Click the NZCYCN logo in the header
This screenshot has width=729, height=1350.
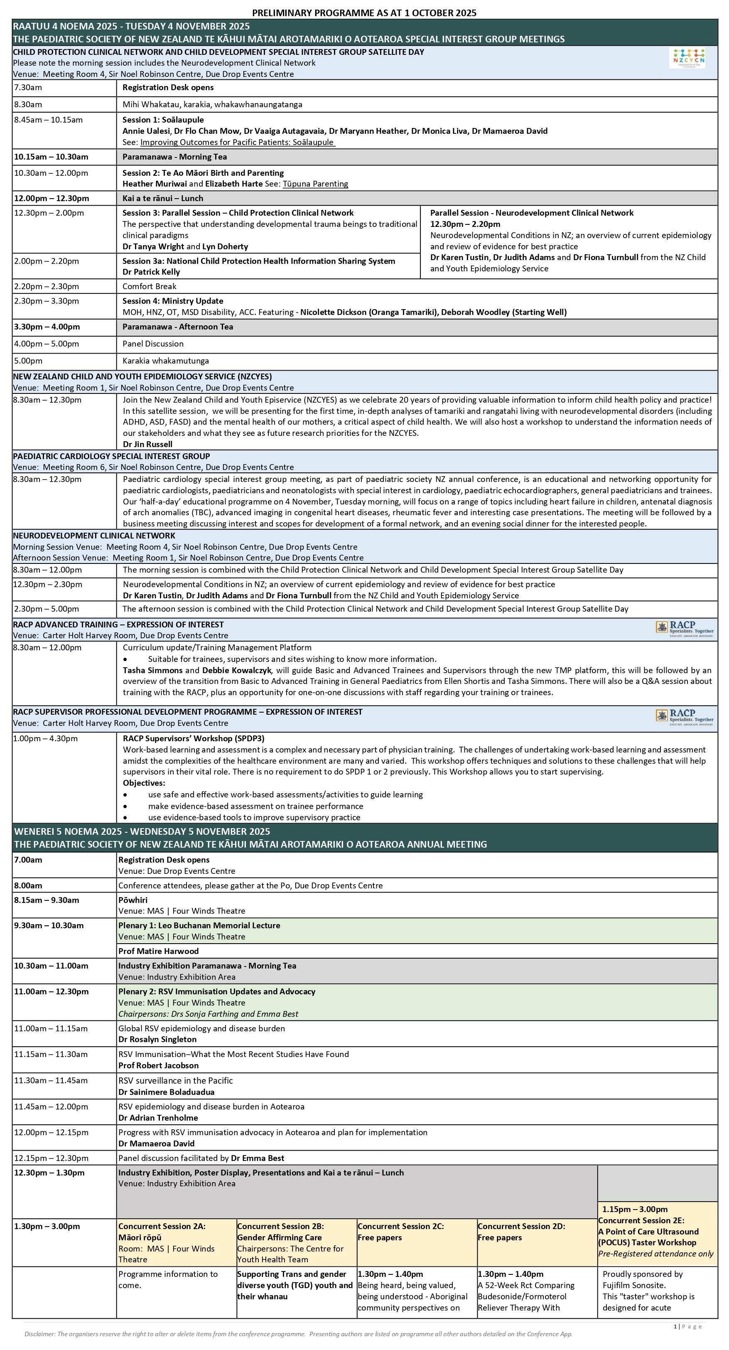point(689,58)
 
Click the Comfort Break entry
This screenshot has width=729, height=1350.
point(150,286)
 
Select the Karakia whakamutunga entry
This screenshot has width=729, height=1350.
point(166,361)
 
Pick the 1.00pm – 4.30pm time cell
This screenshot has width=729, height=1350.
point(46,738)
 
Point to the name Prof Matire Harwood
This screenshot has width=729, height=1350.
point(158,951)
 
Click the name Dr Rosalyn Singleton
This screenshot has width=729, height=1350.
point(157,1039)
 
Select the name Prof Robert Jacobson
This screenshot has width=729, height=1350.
point(158,1065)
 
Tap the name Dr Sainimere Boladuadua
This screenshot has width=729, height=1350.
point(166,1092)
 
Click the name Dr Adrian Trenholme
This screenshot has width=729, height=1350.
point(158,1117)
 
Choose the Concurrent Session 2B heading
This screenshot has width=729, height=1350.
point(280,1226)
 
